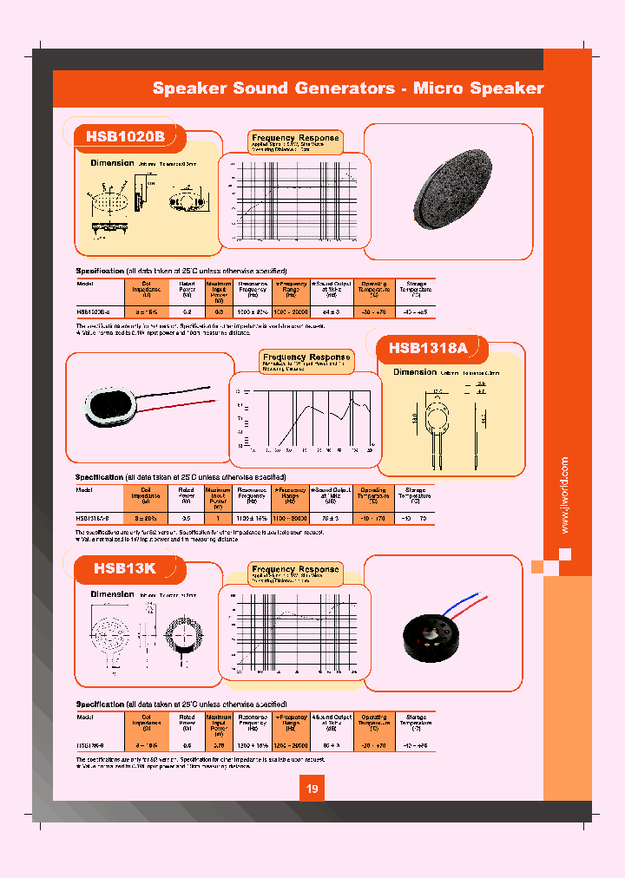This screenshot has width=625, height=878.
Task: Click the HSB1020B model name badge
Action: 125,136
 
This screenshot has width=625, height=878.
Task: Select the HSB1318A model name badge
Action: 428,348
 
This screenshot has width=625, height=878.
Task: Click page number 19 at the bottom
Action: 312,790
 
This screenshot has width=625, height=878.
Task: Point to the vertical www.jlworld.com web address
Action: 565,495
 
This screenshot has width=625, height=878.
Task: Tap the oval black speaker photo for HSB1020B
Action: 446,193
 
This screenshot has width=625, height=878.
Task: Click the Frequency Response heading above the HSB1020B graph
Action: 295,138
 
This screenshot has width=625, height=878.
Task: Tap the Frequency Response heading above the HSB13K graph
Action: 295,569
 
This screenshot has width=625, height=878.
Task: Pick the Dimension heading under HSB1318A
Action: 416,371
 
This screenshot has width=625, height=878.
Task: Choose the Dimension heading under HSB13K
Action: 113,594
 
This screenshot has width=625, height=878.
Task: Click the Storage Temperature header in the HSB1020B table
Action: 415,288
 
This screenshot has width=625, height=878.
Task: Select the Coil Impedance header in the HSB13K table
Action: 146,721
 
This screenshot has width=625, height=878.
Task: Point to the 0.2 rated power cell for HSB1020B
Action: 187,310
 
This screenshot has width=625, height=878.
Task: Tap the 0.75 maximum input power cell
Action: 219,744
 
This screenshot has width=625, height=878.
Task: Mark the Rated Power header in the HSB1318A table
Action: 187,493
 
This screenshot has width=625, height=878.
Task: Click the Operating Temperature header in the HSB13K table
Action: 374,721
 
